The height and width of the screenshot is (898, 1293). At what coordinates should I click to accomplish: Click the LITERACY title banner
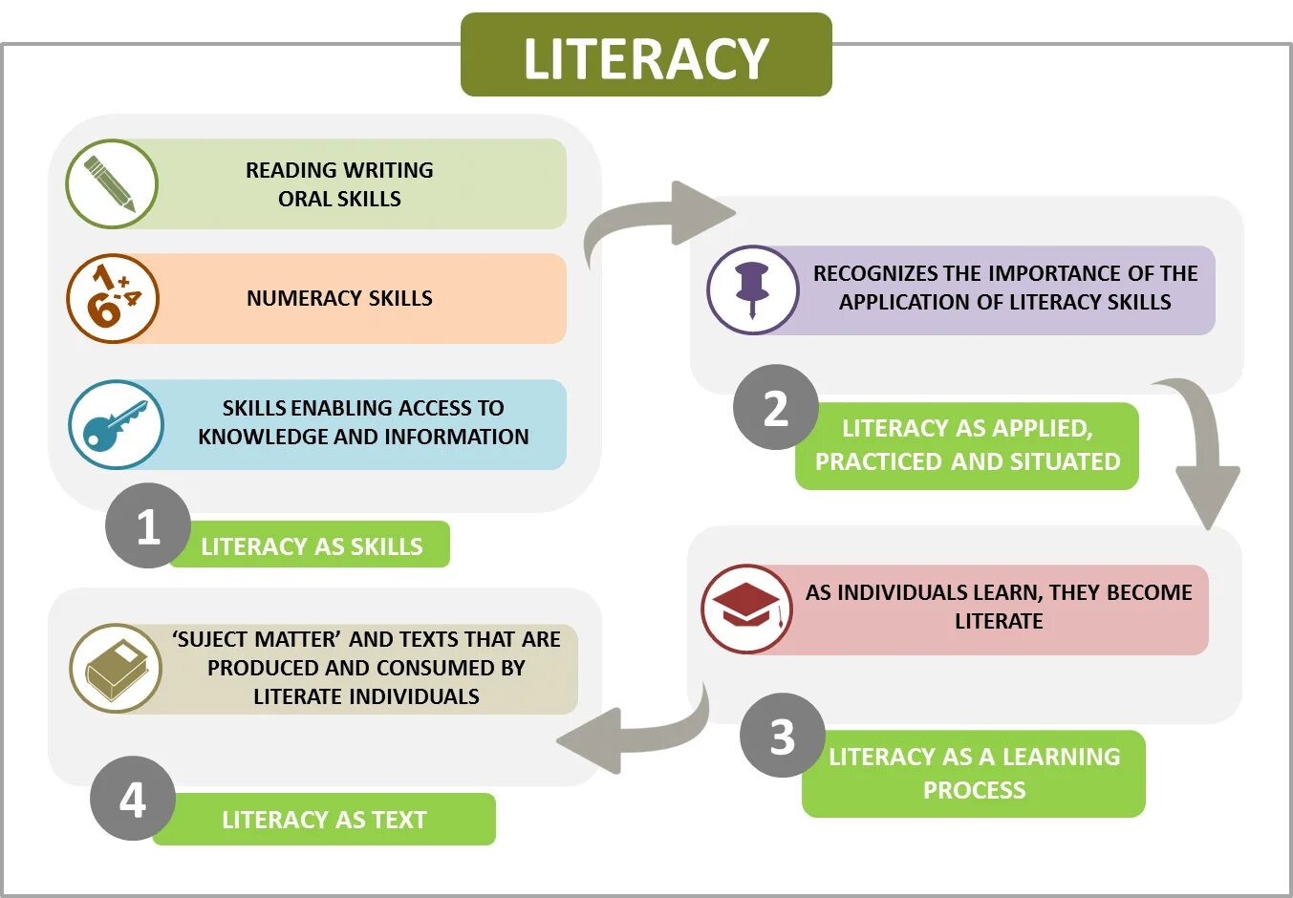pos(646,55)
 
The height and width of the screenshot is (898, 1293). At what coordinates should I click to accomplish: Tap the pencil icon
pos(111,183)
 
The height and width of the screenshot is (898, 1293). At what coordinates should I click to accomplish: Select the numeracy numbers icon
pos(112,298)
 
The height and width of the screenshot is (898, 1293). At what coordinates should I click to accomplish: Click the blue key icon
pos(116,424)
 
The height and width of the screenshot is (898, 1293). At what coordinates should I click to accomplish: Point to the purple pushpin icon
pos(752,289)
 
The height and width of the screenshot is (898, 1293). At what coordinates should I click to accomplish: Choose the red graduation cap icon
pos(746,608)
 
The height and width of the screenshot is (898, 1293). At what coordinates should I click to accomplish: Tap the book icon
pos(116,668)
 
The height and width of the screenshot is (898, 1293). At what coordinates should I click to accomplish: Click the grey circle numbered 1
pos(147,526)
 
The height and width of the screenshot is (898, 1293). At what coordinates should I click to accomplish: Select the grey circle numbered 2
pos(775,408)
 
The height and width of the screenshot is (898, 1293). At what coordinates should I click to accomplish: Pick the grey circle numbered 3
pos(782,736)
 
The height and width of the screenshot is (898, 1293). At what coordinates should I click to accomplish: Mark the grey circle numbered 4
pos(133,799)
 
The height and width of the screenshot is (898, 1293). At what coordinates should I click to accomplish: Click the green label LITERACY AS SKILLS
pos(312,545)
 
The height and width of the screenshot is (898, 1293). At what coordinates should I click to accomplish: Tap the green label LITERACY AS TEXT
pos(324,819)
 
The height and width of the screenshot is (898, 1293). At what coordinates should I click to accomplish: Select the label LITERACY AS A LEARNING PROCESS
pos(974,773)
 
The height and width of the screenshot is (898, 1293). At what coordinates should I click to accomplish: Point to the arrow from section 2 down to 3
pos(1202,449)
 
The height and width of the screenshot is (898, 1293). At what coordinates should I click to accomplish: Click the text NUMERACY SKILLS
pos(339,298)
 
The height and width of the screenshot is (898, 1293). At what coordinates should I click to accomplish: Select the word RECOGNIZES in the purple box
pos(875,273)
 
